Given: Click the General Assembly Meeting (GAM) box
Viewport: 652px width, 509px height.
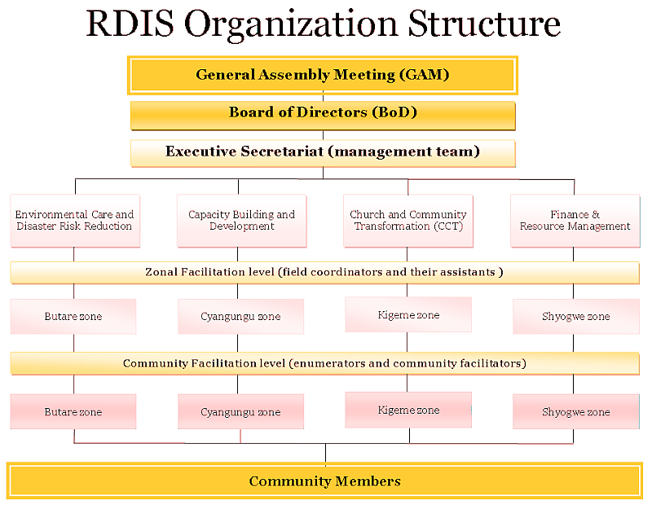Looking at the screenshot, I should point(323,75).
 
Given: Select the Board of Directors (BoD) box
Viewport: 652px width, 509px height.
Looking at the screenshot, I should point(323,113).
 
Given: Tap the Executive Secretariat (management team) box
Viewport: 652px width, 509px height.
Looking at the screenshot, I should point(323,152).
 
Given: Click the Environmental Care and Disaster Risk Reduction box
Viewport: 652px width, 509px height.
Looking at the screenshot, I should point(74,221).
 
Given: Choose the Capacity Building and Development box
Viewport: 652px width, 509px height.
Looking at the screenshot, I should point(242,221).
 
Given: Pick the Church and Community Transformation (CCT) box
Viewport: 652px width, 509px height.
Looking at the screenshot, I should point(408,221).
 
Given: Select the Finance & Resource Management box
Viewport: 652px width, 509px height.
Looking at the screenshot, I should point(575,221).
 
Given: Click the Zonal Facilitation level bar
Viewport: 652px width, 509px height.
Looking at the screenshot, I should point(324,272).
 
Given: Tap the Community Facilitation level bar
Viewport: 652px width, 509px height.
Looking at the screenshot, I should point(324,363).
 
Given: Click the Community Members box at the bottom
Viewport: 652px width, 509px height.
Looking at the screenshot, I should point(324,481).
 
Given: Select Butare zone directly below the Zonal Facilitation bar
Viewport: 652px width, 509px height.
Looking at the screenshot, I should point(73,317).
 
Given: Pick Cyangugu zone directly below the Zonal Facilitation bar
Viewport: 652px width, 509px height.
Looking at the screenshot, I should point(240,317).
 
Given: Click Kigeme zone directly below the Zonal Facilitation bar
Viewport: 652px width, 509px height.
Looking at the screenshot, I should point(408,314).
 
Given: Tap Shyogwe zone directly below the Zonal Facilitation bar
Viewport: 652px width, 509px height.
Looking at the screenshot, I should point(576,317).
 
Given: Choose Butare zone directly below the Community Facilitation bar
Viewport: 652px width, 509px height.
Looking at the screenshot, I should point(73,412).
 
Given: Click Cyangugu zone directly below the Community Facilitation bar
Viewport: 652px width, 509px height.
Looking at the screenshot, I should point(240,412).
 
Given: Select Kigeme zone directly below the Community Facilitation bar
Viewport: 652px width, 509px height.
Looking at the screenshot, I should point(408,410).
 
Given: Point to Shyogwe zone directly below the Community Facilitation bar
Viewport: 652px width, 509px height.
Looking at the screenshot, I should point(576,412).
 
